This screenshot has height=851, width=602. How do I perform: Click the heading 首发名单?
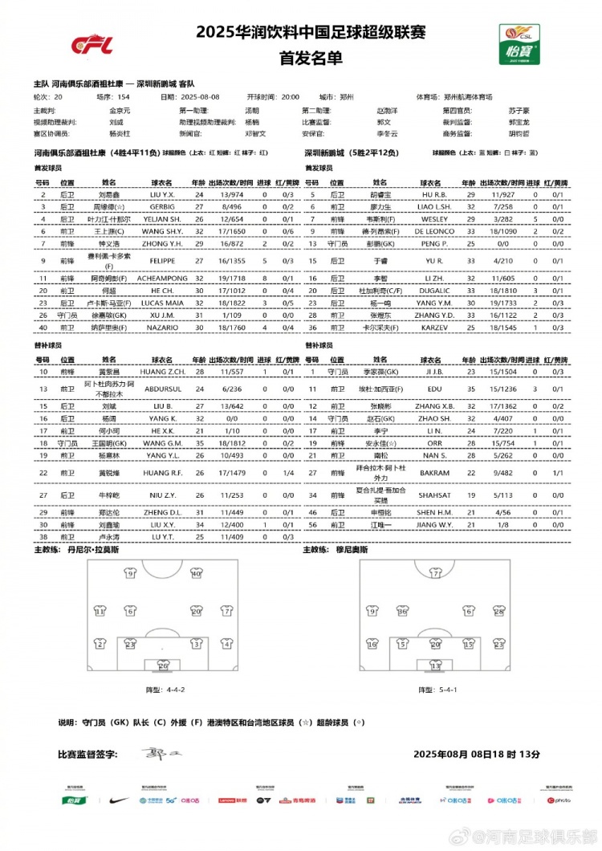300,58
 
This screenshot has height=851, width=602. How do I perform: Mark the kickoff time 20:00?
290,96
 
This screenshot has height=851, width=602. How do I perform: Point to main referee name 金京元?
120,109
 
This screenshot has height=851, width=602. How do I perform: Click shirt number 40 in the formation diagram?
196,573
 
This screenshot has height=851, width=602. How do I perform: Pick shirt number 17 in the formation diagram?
436,574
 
